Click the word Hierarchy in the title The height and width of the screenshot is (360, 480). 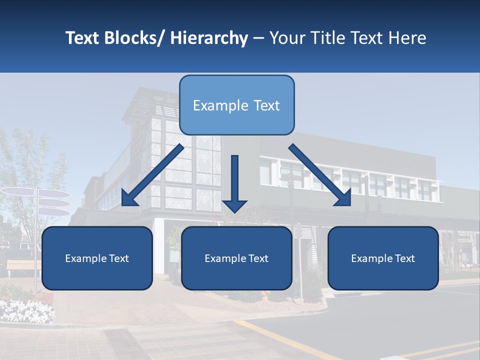point(209,38)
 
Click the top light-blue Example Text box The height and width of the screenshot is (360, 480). point(236,105)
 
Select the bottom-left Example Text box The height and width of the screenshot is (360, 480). point(97,258)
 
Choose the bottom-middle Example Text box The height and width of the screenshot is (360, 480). point(236,258)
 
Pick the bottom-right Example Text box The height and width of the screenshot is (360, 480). point(383,258)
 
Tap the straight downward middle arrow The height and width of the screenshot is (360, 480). point(234,183)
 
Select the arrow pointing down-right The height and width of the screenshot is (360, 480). point(320,175)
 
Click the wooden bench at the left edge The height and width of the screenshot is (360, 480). point(22,265)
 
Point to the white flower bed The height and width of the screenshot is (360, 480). point(27,310)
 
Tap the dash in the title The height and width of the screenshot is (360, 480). point(258,38)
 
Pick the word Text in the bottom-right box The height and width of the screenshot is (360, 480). point(404,258)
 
